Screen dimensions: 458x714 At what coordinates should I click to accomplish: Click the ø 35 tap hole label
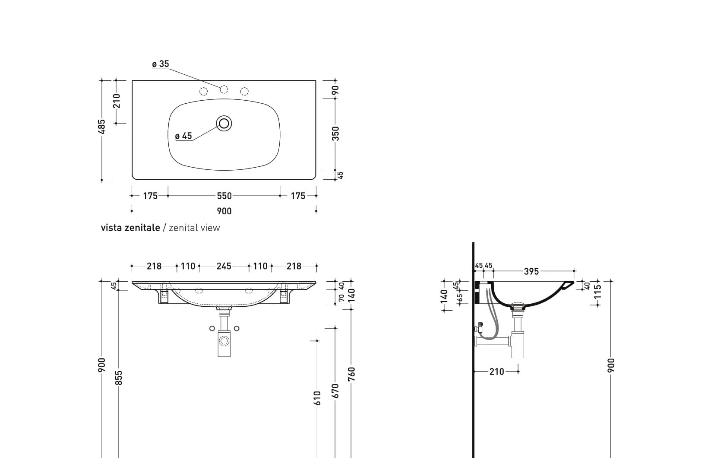tap(161, 64)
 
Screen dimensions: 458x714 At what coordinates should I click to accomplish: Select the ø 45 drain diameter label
tap(183, 136)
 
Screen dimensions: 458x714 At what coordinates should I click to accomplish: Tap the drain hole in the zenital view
tap(224, 124)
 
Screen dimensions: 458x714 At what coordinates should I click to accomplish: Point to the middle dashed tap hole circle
tap(224, 89)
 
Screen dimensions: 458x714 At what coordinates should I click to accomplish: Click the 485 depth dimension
tap(102, 127)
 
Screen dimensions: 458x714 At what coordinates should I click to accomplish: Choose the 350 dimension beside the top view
tap(336, 134)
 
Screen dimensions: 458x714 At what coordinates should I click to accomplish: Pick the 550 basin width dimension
tap(224, 196)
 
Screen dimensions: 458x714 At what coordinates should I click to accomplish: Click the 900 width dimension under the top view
tap(224, 211)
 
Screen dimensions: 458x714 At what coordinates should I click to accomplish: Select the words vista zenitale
tap(130, 228)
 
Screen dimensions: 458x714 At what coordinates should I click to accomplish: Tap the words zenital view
tap(194, 228)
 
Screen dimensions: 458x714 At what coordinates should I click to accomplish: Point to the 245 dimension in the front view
tap(224, 266)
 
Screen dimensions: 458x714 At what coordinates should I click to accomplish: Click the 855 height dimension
tap(119, 378)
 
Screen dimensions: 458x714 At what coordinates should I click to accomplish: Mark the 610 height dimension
tap(317, 398)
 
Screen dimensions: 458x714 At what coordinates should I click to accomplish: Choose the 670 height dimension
tap(336, 391)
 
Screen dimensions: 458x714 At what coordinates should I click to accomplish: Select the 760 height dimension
tap(351, 374)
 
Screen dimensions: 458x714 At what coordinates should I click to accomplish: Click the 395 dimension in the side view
tap(531, 271)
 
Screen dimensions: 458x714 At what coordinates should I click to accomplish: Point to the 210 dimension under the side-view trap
tap(496, 372)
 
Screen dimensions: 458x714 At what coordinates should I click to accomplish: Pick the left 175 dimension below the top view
tap(150, 196)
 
